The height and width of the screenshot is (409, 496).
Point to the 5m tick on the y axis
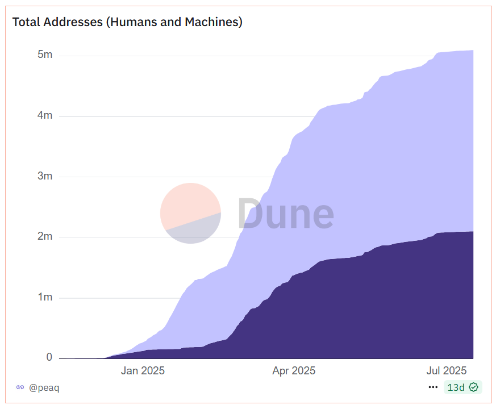(45, 55)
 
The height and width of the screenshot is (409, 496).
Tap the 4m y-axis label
(45, 116)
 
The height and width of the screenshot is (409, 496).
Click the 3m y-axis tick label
(45, 176)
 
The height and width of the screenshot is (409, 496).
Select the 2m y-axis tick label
(45, 237)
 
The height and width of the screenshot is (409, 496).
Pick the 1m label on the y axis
(45, 298)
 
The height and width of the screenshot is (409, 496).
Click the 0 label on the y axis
(49, 357)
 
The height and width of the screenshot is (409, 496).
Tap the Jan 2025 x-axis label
(142, 371)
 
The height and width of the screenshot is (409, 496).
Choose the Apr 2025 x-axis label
(294, 371)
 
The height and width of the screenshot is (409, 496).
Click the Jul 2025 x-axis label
(446, 371)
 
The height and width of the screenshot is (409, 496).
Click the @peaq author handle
(44, 387)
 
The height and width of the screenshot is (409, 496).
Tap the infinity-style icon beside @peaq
(20, 387)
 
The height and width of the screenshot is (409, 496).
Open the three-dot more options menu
(433, 387)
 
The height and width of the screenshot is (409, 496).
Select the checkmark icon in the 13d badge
(473, 387)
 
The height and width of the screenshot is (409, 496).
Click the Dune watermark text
(285, 214)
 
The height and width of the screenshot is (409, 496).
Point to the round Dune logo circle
(190, 213)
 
